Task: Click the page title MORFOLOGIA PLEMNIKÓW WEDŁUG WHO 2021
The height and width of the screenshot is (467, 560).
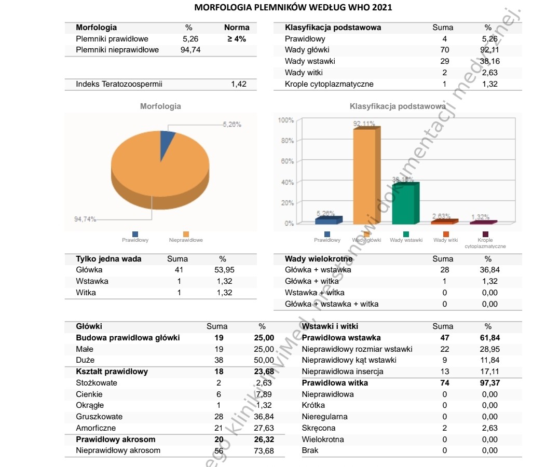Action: pos(293,8)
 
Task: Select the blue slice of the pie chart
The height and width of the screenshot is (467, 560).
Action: pos(167,140)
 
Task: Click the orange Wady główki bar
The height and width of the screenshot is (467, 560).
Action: pos(367,176)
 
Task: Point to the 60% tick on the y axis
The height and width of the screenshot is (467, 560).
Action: pos(287,161)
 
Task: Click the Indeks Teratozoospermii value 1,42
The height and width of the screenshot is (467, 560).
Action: pos(239,84)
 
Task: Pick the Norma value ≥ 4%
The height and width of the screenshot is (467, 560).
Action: pos(236,39)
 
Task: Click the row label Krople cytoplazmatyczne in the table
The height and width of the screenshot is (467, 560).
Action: pos(329,84)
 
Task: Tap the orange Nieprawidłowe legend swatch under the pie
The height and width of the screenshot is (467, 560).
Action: pos(186,234)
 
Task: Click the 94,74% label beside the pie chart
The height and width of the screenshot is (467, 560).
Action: pos(85,219)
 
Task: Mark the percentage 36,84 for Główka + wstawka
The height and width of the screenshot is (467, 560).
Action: pos(488,270)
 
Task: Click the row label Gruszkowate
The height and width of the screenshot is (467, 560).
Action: pos(99,417)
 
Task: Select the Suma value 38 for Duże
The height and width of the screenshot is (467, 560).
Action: pos(218,360)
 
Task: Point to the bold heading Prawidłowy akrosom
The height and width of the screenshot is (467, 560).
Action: pos(115,439)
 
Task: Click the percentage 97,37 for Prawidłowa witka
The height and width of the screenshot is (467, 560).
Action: pos(488,383)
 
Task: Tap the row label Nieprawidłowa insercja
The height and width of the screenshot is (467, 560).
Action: pos(343,372)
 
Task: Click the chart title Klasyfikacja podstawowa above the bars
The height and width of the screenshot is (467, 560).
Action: pos(398,106)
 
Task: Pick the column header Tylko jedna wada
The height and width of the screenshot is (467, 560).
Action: pos(108,259)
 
